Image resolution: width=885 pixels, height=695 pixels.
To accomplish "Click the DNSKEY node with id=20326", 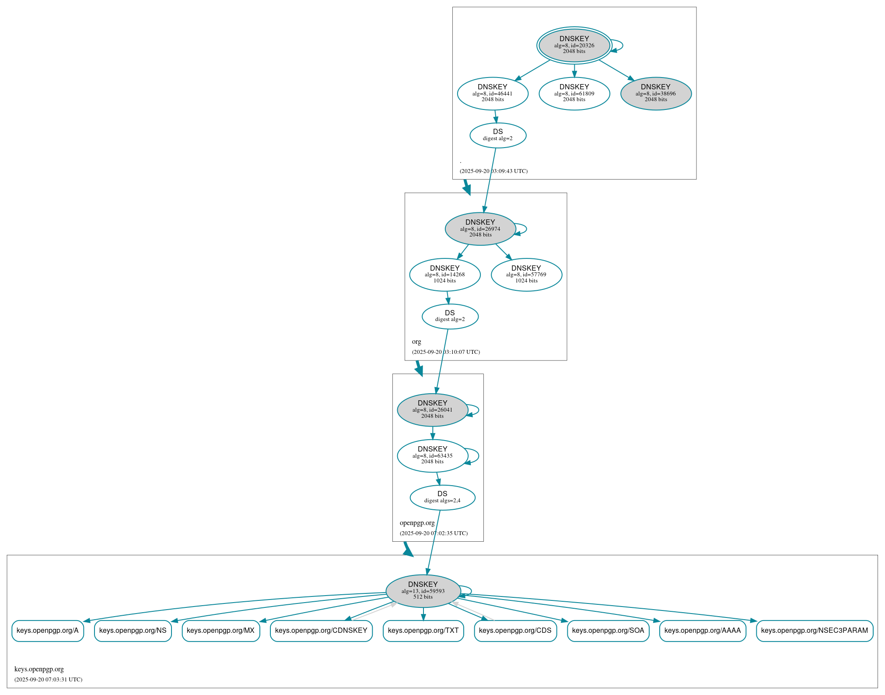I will (x=574, y=45).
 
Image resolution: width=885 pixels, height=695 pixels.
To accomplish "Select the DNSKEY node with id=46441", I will (x=493, y=93).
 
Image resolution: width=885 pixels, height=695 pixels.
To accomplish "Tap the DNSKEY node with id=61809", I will (x=574, y=93).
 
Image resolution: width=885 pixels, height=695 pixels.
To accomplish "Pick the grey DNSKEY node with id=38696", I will (x=655, y=93).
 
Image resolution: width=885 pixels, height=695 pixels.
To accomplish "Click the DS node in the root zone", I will (x=498, y=135).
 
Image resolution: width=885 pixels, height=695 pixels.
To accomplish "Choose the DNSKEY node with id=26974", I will (x=480, y=229).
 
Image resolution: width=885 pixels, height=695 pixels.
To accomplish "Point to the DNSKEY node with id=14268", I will (x=444, y=275).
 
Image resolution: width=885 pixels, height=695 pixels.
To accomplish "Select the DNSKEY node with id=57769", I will (x=526, y=275).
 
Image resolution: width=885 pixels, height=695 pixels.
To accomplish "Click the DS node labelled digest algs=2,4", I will (x=442, y=497).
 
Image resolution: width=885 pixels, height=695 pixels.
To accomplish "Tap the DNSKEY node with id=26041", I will (x=432, y=410).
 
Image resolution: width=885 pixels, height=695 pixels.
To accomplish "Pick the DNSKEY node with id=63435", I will (x=432, y=455).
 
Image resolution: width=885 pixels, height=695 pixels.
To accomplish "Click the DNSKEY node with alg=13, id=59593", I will (x=423, y=591).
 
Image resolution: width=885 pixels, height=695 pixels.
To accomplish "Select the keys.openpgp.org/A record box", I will (x=48, y=631).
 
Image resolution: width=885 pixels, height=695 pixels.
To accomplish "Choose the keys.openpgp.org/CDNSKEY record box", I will (x=321, y=631).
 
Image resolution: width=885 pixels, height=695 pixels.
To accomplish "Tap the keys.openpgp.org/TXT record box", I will (x=423, y=631).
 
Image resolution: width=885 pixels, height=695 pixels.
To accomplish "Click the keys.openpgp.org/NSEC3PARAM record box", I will (x=814, y=631).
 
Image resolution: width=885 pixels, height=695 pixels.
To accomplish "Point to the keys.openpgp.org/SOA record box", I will (x=608, y=631).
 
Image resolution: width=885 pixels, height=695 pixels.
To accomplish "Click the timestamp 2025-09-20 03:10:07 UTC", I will (x=446, y=352).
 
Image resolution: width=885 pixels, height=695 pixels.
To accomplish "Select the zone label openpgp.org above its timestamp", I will (x=417, y=522).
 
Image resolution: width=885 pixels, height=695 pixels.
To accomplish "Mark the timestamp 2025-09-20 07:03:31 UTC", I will (x=48, y=679).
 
